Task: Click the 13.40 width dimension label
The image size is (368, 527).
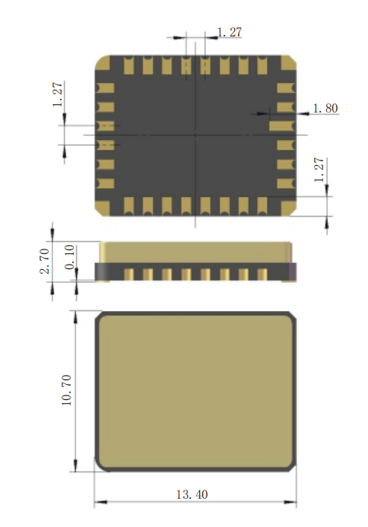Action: pos(192,494)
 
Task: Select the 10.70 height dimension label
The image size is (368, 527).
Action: pos(67,390)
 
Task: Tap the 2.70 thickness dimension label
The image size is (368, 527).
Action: pos(45,261)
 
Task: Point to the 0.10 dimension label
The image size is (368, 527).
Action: pos(69,257)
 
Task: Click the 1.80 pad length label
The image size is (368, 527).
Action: pos(325,108)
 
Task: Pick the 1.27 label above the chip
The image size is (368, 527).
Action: pos(230,32)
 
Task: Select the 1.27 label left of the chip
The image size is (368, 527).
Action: pos(58,94)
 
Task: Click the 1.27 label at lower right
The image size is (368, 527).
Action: pos(319,170)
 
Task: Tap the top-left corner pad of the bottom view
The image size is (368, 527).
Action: pos(103,63)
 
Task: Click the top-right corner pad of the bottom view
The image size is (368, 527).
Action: pos(288,63)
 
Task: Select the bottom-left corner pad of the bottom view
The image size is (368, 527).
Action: pos(103,208)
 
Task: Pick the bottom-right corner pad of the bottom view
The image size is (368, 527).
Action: pos(288,208)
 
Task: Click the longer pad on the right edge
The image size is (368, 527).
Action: pos(282,126)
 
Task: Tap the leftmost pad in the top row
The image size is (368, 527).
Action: pos(129,65)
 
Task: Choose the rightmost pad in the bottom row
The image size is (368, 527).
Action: pos(262,206)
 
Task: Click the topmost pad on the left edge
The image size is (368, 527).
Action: pos(105,88)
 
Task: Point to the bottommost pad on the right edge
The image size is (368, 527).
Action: pos(286,183)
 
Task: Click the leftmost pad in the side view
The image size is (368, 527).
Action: pos(129,275)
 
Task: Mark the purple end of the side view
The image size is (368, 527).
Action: pos(293,272)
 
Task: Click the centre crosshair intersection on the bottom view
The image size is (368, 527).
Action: pos(195,135)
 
